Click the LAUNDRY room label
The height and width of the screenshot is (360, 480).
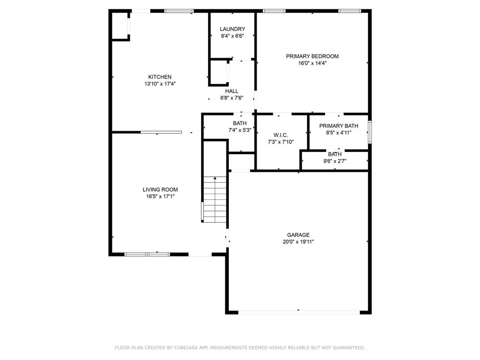(232, 29)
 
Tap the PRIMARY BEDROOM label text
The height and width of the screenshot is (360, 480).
(312, 56)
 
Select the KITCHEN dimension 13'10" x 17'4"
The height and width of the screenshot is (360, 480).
(160, 84)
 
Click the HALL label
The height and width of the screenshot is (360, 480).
(232, 91)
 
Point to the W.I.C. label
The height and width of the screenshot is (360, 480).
(281, 135)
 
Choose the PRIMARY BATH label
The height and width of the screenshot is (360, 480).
(338, 126)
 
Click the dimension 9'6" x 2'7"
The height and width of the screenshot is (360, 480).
(335, 161)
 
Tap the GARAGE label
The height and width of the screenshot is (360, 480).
(298, 235)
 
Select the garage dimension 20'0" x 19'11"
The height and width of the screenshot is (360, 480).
(298, 242)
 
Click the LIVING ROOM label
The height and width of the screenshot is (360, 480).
(160, 190)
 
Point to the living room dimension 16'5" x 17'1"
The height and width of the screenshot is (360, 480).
(160, 197)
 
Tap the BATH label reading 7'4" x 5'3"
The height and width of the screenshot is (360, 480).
(240, 123)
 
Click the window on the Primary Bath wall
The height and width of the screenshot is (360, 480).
(369, 132)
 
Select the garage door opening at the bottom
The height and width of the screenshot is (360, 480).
(298, 312)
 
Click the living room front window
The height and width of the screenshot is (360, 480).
(147, 254)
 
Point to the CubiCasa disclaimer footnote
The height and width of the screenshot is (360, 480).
(240, 348)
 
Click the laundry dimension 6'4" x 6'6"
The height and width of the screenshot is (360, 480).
(232, 36)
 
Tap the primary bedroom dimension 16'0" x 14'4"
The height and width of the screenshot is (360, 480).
(312, 63)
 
